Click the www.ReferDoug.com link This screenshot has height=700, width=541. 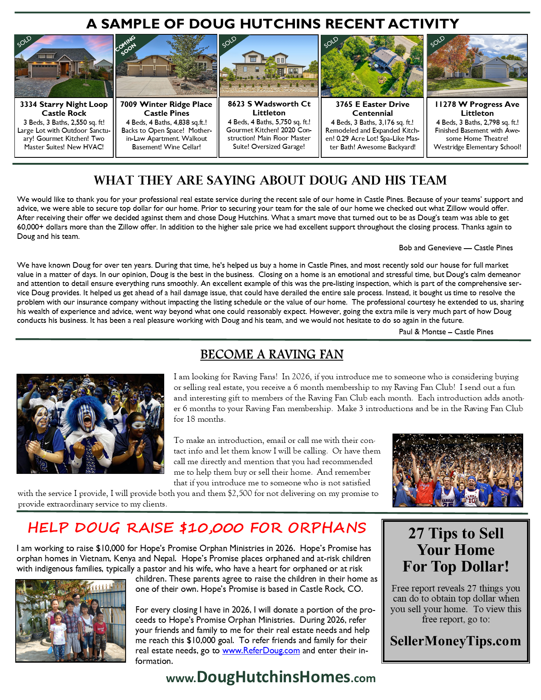point(261,650)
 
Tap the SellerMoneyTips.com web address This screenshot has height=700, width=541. point(455,641)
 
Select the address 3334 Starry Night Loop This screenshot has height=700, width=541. point(64,104)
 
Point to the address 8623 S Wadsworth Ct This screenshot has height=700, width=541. point(269,104)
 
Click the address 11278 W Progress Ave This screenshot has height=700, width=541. point(477,104)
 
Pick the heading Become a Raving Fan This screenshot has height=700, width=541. point(272,354)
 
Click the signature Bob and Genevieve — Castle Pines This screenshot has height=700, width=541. point(455,248)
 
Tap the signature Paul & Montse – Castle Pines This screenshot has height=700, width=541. point(446,332)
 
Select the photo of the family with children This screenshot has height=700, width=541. point(71,620)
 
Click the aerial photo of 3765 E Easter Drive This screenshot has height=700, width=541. point(372,66)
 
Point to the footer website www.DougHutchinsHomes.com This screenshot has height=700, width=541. point(271,677)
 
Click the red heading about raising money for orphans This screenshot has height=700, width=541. point(197,528)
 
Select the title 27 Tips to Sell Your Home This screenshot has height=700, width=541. point(455,550)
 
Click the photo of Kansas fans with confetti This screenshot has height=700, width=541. point(457,470)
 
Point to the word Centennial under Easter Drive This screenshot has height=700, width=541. point(372,113)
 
